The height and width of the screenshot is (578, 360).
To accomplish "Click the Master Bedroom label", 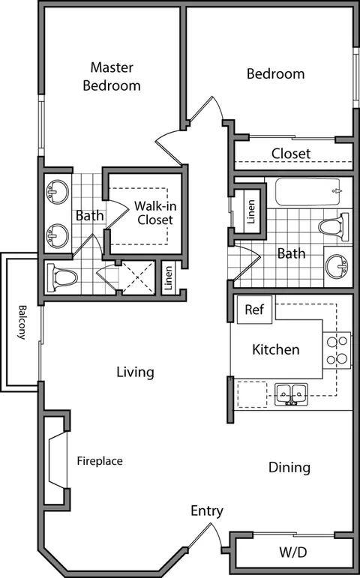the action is (112, 76).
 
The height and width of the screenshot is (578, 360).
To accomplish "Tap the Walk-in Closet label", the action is (155, 213).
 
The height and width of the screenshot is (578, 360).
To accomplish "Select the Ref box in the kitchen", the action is (254, 310).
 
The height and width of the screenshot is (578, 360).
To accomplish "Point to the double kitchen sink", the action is (292, 394).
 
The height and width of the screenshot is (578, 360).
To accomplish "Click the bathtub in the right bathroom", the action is (307, 192).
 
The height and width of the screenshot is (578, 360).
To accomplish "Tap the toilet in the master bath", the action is (61, 277).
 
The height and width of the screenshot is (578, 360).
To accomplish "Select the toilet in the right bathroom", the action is (334, 227).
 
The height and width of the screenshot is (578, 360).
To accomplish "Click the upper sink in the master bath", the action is (57, 191).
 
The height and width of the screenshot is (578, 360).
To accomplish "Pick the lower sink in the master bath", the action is (57, 235).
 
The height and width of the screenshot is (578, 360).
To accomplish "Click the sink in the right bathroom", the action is (337, 266).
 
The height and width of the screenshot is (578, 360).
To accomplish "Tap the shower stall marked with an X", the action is (138, 277).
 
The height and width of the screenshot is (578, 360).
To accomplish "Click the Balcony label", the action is (22, 322).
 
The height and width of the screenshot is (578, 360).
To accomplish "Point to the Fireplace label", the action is (100, 461).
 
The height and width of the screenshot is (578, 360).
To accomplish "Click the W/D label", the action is (292, 553).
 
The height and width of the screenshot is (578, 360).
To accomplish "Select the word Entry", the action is (207, 511).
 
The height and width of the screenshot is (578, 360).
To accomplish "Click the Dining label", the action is (289, 467).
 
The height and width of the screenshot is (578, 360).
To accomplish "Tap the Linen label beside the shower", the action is (168, 278).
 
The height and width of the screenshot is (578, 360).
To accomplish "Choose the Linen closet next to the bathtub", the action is (250, 211).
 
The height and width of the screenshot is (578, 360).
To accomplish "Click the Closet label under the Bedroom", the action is (291, 154).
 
